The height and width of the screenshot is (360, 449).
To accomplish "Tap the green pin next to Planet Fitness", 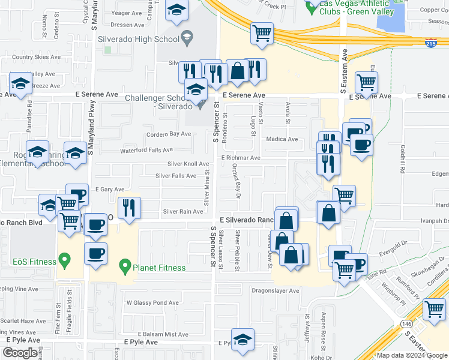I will [x=125, y=264].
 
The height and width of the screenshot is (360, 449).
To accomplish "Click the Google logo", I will [x=20, y=353].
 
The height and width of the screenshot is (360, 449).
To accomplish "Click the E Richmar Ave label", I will [x=240, y=158].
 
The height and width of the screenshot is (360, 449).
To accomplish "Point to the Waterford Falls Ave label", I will [x=147, y=150].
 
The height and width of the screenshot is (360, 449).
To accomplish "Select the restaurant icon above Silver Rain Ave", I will [x=129, y=208].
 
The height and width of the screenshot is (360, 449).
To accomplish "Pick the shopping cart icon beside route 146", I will [x=434, y=309].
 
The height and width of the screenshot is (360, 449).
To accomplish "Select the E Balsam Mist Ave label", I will [x=164, y=334].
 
